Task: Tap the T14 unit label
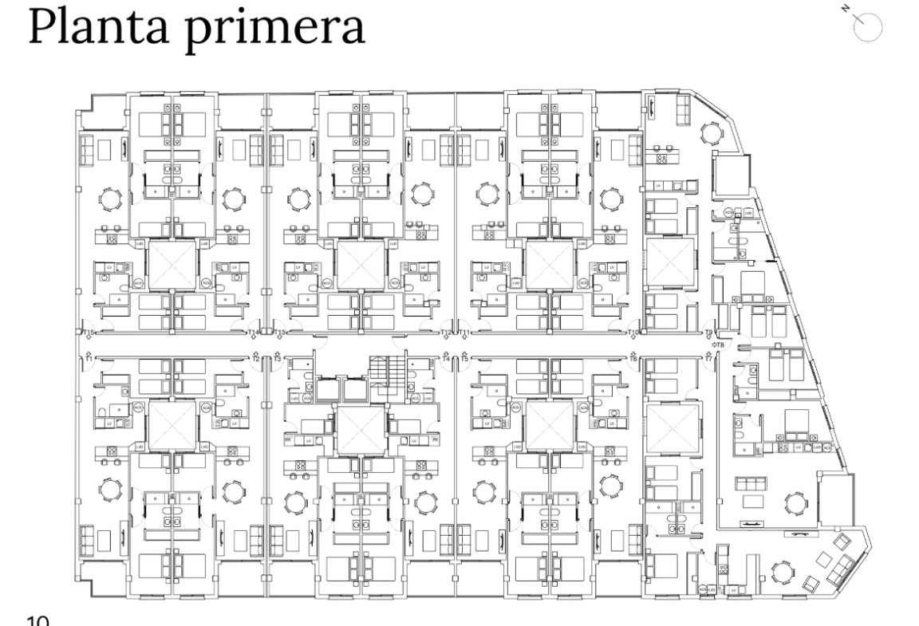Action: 254,333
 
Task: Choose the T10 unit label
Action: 634,333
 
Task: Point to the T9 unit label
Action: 708,333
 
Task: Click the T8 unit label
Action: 718,344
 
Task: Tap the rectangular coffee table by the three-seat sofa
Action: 752,501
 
